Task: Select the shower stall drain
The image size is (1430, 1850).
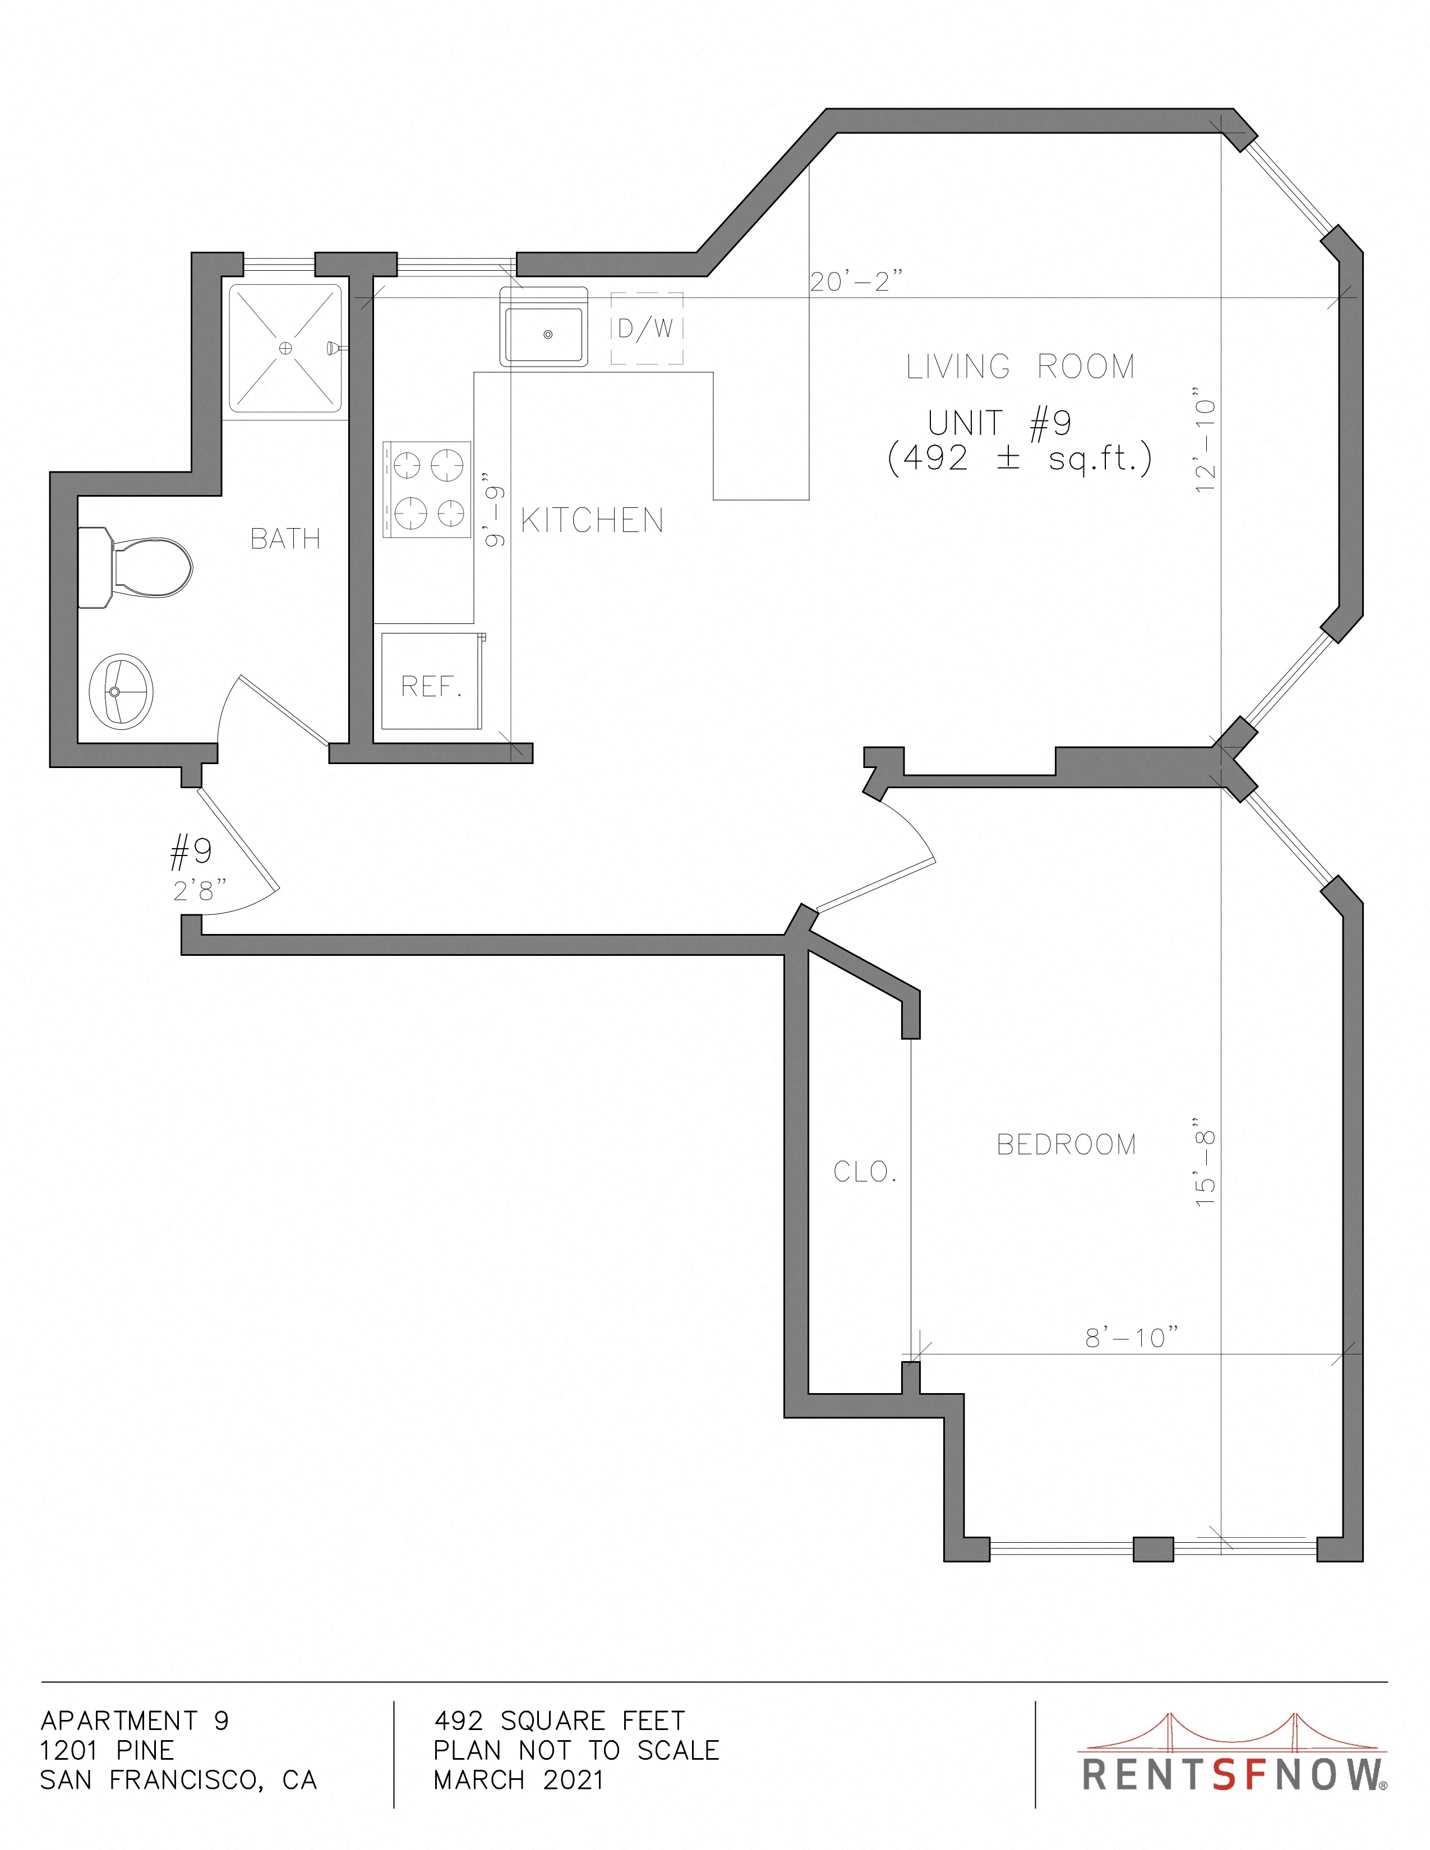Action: (x=285, y=348)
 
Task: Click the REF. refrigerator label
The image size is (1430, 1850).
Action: (x=432, y=686)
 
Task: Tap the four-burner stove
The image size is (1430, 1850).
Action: (x=426, y=489)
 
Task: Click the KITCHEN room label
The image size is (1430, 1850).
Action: (x=592, y=520)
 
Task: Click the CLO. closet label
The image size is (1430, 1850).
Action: (x=865, y=1172)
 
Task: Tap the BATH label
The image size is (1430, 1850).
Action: (x=285, y=539)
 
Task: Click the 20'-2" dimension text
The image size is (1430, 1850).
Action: (x=856, y=281)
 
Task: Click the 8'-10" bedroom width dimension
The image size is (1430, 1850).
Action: (x=1132, y=1338)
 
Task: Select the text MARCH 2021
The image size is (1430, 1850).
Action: (x=519, y=1780)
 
